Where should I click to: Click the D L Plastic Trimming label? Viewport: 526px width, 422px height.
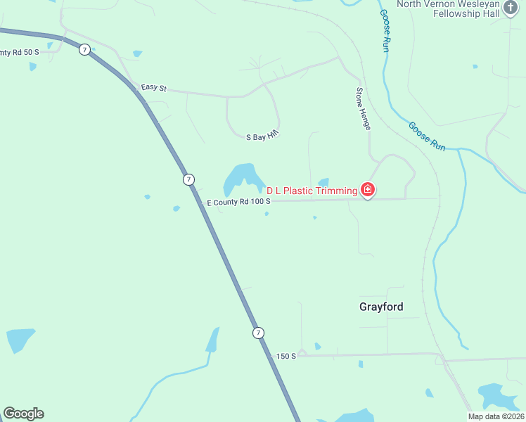point(311,191)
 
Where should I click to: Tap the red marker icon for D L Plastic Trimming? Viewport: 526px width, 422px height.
point(367,190)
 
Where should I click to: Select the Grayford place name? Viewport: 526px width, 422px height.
point(381,307)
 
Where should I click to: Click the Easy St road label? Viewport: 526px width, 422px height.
point(153,88)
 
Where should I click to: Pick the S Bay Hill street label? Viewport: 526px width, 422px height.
point(263,134)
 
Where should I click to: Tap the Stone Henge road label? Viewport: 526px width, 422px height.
point(363,108)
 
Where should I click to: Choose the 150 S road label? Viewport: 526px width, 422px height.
point(286,356)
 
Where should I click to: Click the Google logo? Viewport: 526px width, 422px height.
point(23,414)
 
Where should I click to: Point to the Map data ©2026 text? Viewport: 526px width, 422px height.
point(496,416)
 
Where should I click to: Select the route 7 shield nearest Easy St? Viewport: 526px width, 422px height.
point(84,50)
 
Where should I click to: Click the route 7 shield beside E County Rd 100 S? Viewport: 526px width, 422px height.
point(188,179)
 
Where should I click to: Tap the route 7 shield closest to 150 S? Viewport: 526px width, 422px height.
point(259,333)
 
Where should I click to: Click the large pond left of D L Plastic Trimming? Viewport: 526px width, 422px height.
point(239,179)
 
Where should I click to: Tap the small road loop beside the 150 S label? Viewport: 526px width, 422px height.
point(302,352)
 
